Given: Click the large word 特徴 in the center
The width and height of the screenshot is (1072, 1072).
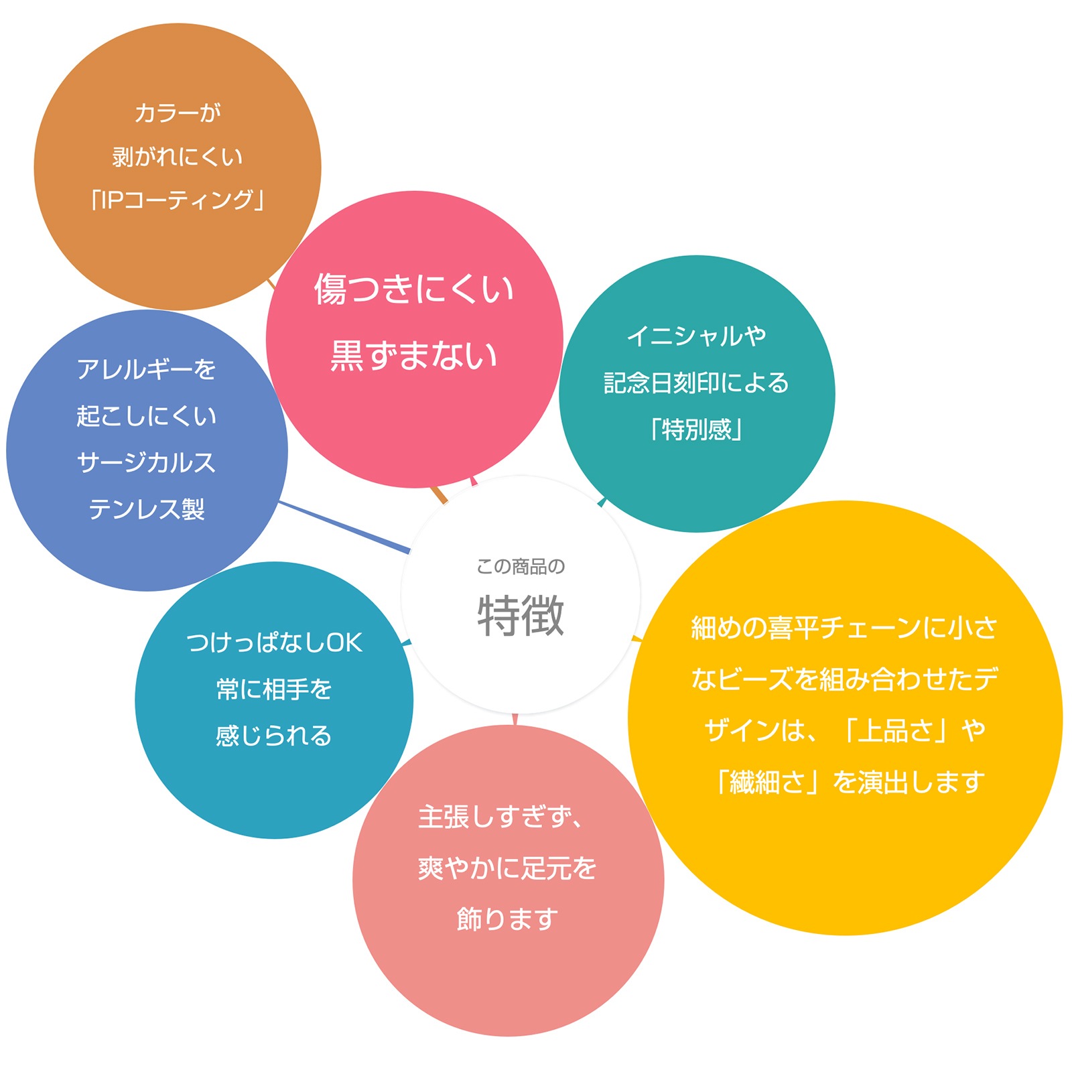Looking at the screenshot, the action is [x=521, y=615].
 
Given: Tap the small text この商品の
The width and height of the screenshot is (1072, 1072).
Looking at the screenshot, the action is [x=521, y=567].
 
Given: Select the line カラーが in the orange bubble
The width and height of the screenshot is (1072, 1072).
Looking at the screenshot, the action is [x=178, y=113].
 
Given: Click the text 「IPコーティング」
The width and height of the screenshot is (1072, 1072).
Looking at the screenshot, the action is [x=178, y=200].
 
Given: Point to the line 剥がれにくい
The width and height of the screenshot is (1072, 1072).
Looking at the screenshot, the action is [x=178, y=157].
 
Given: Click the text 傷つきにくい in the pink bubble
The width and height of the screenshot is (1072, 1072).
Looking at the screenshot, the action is [x=414, y=289].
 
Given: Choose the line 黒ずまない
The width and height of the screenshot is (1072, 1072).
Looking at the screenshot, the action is [x=414, y=355].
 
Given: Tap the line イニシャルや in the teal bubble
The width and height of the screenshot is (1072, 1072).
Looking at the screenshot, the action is [x=697, y=336].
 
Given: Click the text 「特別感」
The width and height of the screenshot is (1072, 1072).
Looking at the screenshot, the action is [x=697, y=429].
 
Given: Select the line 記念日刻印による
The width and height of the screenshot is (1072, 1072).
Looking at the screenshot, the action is [x=697, y=383].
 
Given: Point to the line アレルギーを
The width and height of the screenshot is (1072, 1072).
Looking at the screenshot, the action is [x=147, y=369].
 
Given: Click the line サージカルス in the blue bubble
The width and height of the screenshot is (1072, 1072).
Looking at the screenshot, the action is [x=147, y=462].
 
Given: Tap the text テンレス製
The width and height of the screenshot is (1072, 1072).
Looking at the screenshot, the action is [x=147, y=509].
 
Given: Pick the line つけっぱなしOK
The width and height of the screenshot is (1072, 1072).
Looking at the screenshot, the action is [x=274, y=643].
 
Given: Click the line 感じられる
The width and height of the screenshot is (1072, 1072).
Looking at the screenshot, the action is [x=274, y=736].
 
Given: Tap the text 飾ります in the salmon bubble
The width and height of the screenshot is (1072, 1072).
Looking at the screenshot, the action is [x=507, y=919].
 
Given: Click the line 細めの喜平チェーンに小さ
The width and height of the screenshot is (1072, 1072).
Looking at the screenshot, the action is [x=844, y=628].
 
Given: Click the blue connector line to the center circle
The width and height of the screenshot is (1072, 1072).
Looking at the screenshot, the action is [x=345, y=527].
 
